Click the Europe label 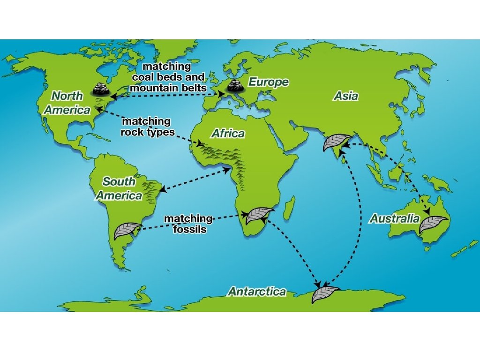[x=268, y=82]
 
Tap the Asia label [x=346, y=96]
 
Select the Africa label [x=228, y=134]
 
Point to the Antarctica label [x=257, y=292]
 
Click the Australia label [x=394, y=218]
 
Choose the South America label [x=119, y=188]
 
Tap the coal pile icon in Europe [x=234, y=86]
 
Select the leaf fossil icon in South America [x=127, y=230]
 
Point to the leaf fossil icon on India [x=336, y=142]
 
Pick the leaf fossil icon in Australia [x=433, y=224]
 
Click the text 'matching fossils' [x=187, y=224]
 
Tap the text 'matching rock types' [x=147, y=127]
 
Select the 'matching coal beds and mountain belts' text [x=167, y=77]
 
